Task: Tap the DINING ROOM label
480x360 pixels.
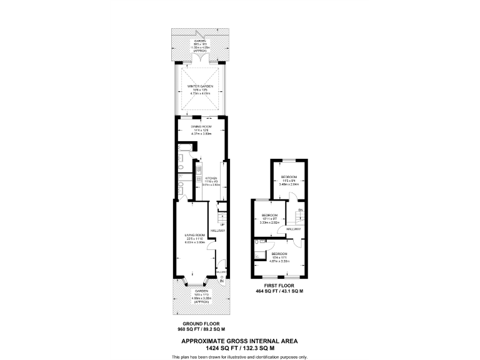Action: [x=200, y=126]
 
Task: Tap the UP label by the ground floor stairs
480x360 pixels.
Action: [x=221, y=224]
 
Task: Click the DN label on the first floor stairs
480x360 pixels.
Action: [x=300, y=209]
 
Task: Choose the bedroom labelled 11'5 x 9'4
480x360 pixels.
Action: [x=289, y=177]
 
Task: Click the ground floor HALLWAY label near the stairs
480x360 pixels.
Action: [x=217, y=231]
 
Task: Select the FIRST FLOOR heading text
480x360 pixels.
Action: [x=279, y=287]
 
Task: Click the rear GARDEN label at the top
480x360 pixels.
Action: [x=200, y=41]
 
